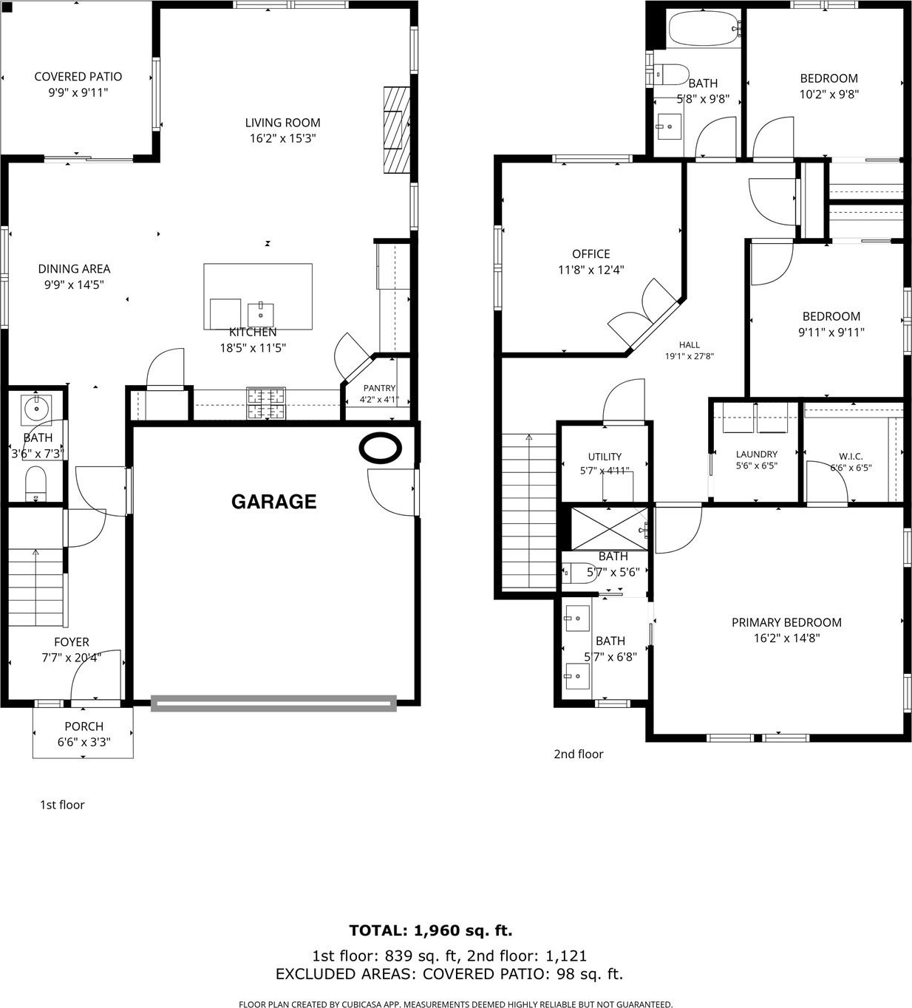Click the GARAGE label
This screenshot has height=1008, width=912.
click(273, 502)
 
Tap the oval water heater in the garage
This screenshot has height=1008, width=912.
click(381, 447)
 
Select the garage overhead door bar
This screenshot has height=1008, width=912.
click(273, 704)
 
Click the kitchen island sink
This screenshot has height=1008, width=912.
click(260, 315)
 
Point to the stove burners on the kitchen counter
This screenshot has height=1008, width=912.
click(266, 403)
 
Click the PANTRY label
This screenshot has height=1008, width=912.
click(380, 388)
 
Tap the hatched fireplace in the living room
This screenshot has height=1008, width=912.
click(397, 130)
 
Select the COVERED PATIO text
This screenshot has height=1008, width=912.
click(78, 76)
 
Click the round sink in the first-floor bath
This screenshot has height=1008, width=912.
click(36, 408)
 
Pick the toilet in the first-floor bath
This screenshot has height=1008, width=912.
click(35, 483)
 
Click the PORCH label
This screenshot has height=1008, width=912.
click(84, 726)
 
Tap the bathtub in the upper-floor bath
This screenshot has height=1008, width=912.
click(704, 30)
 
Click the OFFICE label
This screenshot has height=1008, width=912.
click(591, 253)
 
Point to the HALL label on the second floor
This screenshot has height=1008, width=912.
click(690, 344)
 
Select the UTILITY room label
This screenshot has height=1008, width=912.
click(605, 456)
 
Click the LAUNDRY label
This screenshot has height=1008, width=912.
click(757, 454)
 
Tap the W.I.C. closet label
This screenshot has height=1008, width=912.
click(851, 456)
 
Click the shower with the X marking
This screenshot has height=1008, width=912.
click(610, 528)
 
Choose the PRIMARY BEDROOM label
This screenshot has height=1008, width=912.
click(786, 622)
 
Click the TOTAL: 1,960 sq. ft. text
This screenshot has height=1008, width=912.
click(431, 930)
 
